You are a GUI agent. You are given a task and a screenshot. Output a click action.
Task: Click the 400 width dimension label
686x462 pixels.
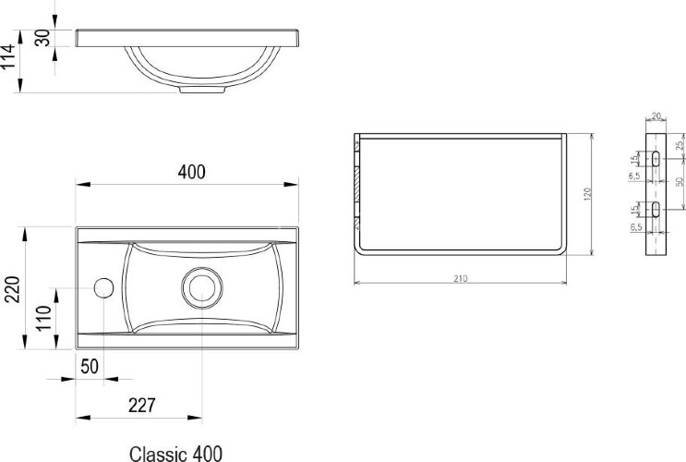pos(192,172)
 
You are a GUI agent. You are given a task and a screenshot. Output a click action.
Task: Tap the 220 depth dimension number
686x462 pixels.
pos(12,289)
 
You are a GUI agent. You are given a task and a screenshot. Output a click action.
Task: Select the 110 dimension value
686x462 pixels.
pos(43,319)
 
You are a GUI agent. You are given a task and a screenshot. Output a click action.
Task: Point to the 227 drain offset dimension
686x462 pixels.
pos(142,406)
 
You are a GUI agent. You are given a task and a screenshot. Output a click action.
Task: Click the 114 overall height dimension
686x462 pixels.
pos(8,56)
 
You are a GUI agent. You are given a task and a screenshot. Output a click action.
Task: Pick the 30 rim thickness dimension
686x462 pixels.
pos(42,38)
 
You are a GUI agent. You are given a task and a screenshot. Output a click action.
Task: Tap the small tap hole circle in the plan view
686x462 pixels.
pos(103,287)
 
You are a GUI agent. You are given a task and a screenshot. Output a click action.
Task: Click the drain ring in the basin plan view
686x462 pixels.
pos(202,287)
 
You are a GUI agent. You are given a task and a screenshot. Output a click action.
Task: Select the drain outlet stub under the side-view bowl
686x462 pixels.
pos(202,90)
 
